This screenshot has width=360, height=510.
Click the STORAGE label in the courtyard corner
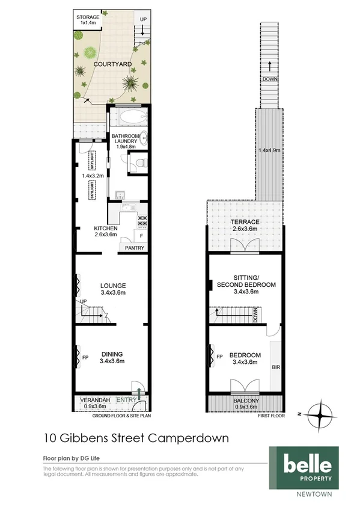click(88, 17)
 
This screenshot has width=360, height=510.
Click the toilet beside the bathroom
click(138, 162)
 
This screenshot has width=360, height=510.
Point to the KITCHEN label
click(106, 229)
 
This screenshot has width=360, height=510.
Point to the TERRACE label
click(245, 222)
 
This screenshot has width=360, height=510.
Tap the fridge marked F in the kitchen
click(141, 236)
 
